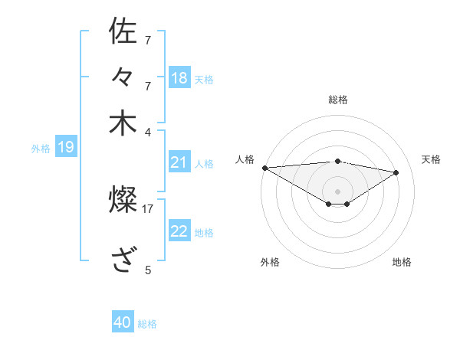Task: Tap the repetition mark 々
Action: pos(123,77)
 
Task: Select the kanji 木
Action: pos(123,123)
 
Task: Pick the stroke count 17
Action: pos(148,208)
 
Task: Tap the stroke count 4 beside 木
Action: pos(148,131)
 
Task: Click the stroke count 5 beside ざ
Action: pos(148,270)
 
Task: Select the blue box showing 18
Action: pos(179,77)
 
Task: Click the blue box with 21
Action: pos(179,162)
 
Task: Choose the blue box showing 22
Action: pos(179,231)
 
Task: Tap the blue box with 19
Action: pos(65,147)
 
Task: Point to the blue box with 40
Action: pos(123,322)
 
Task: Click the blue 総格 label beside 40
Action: pos(147,324)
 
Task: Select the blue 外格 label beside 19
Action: pos(41,149)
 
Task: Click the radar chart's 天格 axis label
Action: pos(431,159)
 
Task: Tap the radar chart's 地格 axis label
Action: pos(402,262)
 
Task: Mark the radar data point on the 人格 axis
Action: pos(264,168)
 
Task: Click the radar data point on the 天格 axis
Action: pos(396,172)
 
